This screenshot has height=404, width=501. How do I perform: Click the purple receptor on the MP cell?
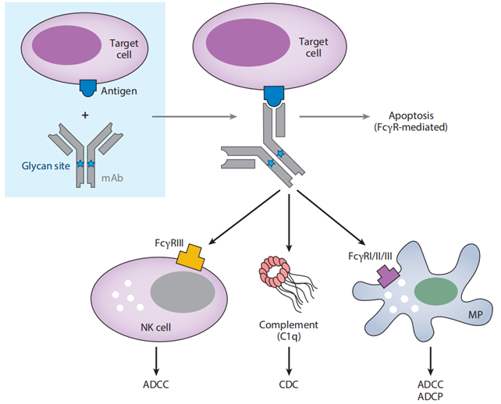[x=387, y=275]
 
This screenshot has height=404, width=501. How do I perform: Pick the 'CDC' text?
[x=290, y=383]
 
